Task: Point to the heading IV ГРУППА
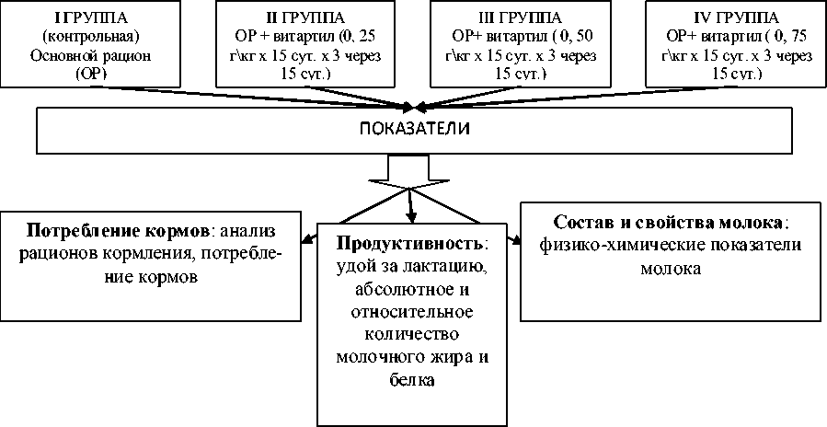pyautogui.click(x=723, y=18)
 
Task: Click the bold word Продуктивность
pyautogui.click(x=409, y=245)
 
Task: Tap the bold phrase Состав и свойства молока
pyautogui.click(x=669, y=224)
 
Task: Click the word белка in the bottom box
pyautogui.click(x=410, y=378)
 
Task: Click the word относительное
pyautogui.click(x=410, y=311)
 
